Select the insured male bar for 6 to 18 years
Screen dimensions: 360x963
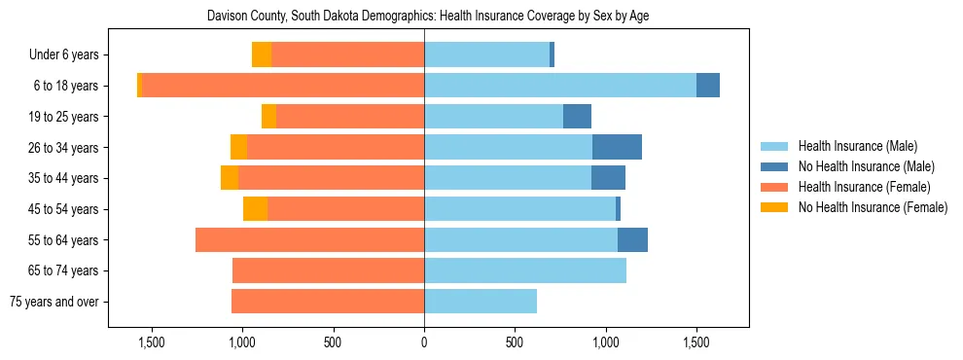coord(559,86)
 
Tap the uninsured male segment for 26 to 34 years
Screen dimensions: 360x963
coord(617,147)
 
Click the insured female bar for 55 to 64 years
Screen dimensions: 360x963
coord(309,239)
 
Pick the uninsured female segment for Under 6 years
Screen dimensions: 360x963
coord(261,54)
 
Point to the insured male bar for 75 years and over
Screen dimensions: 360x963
coord(481,302)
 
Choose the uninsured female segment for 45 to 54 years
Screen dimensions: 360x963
coord(255,209)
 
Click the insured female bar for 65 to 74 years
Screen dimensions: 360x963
coord(328,270)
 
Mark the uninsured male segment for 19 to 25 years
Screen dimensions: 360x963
coord(577,117)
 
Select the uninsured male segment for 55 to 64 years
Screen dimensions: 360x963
coord(632,239)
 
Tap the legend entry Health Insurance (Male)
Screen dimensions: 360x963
coord(857,146)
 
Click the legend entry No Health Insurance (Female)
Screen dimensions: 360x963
coord(873,207)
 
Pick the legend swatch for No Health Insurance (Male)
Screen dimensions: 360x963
coord(775,166)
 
